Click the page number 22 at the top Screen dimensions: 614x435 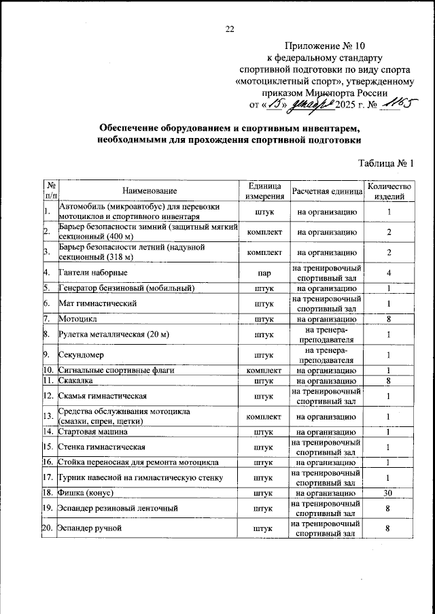(229, 29)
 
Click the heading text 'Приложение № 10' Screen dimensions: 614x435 (319, 46)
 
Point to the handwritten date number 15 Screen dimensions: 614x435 (275, 104)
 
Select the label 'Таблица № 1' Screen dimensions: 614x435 (385, 163)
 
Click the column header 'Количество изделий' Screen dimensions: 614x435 (389, 192)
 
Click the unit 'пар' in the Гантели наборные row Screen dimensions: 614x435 (264, 273)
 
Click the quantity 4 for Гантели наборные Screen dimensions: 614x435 (389, 273)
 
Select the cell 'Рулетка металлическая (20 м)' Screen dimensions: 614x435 (114, 335)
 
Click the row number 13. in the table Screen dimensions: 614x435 (49, 416)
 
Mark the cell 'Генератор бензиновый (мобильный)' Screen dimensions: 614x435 (127, 288)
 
